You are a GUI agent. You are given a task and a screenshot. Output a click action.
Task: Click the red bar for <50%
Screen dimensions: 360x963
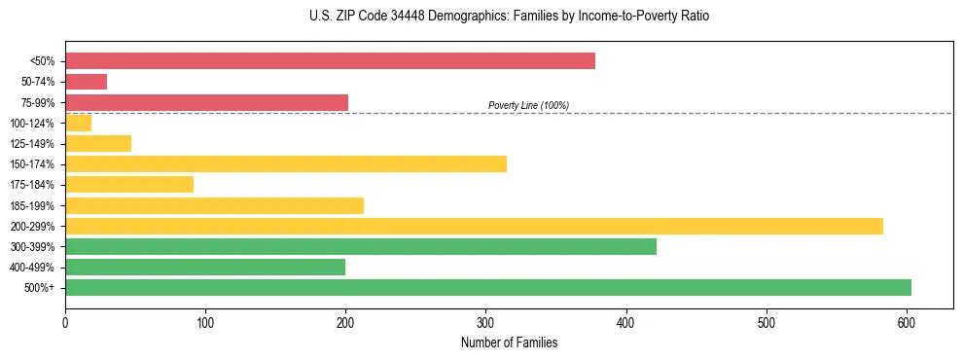330,61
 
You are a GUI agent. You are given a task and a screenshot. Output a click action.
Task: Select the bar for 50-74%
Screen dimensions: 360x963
86,82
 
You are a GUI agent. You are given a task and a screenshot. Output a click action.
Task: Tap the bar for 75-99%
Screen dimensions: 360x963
206,102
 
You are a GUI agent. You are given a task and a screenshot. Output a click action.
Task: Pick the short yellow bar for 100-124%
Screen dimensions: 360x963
78,123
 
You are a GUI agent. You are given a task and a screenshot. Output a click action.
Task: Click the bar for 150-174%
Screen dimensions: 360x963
285,163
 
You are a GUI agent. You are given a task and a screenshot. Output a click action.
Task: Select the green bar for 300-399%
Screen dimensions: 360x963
360,246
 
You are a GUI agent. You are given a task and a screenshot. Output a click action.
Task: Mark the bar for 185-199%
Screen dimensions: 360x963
214,205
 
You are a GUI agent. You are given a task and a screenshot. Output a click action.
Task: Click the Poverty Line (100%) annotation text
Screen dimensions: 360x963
528,105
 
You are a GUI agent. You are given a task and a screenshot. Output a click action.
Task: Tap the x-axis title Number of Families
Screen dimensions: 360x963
509,342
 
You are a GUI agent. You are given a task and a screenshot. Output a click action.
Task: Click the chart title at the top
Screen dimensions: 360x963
510,17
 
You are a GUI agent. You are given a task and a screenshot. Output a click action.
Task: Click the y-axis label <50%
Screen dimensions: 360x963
43,61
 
